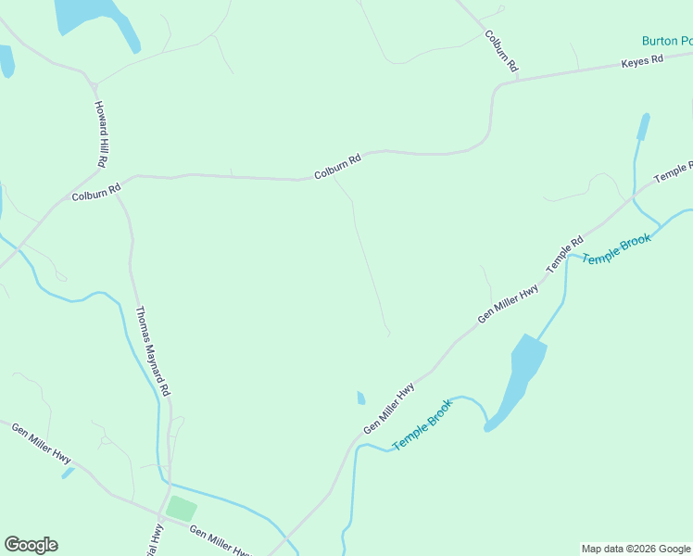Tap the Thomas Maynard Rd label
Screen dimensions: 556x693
click(153, 352)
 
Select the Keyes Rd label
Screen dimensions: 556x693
click(643, 61)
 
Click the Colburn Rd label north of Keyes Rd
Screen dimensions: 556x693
click(500, 51)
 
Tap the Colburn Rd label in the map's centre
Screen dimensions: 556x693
click(336, 168)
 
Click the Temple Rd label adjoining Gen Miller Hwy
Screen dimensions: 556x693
click(564, 253)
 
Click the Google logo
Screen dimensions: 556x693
click(31, 545)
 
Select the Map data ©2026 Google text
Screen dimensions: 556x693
click(636, 549)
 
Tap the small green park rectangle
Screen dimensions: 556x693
click(182, 509)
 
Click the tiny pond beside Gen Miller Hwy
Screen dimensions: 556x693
click(360, 398)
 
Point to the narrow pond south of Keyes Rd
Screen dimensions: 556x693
click(642, 127)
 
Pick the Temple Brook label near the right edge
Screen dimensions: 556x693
click(617, 248)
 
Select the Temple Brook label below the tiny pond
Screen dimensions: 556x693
click(422, 424)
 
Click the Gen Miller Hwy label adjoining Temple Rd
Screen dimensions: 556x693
click(508, 304)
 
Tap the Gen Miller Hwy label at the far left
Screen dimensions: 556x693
click(42, 443)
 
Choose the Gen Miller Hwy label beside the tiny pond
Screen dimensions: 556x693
click(388, 409)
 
